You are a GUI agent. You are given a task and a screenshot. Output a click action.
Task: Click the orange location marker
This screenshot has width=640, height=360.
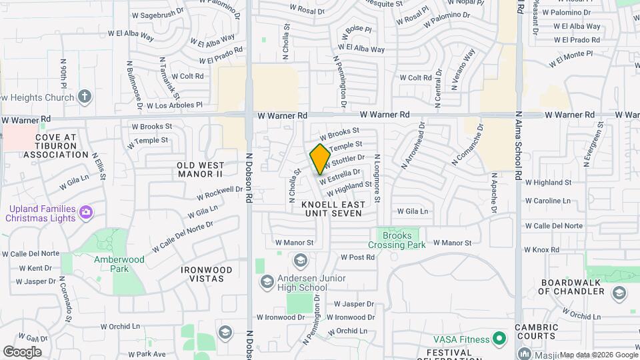(320, 159)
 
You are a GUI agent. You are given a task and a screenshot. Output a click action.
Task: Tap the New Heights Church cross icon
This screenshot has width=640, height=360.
(84, 97)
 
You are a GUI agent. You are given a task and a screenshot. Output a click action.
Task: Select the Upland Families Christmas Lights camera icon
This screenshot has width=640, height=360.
(85, 213)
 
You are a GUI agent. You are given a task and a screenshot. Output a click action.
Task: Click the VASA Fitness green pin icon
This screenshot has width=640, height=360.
(497, 339)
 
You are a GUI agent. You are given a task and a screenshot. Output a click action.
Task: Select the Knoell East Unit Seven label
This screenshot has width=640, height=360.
(332, 208)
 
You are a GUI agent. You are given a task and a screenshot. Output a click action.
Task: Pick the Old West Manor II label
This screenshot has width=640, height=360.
(199, 169)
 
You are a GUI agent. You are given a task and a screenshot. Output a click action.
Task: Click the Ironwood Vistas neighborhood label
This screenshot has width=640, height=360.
(207, 275)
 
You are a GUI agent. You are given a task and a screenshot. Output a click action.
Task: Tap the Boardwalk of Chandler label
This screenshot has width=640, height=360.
(572, 287)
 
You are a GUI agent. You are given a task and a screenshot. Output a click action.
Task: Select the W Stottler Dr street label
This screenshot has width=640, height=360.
(345, 161)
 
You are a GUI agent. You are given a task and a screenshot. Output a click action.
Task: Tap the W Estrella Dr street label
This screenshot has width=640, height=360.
(340, 175)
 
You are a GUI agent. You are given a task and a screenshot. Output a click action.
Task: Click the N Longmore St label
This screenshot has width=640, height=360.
(377, 178)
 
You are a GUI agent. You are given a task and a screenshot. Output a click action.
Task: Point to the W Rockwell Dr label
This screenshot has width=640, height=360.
(220, 193)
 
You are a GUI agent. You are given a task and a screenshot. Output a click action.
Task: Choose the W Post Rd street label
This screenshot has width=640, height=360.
(357, 257)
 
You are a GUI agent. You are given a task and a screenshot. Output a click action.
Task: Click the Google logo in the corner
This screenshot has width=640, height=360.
(22, 351)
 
